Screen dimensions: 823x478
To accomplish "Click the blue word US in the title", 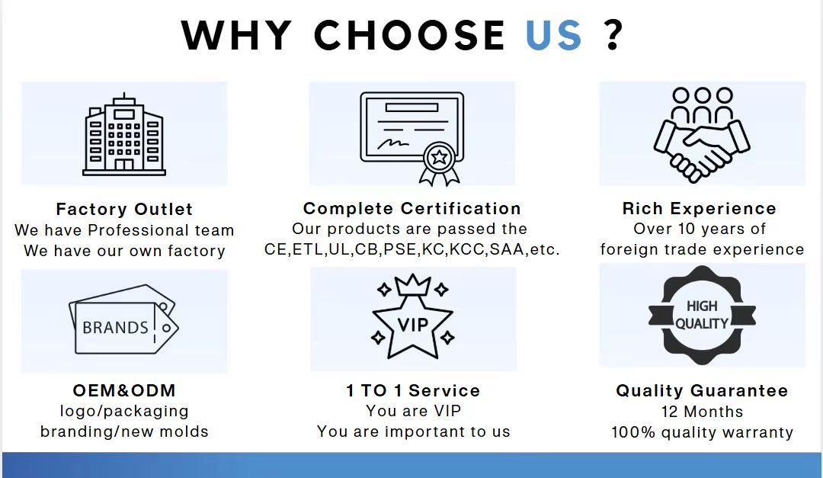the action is tap(554, 35).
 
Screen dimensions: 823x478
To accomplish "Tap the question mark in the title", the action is tap(613, 35).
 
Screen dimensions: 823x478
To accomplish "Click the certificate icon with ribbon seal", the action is tap(412, 139).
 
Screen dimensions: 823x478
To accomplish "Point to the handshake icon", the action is tap(702, 135).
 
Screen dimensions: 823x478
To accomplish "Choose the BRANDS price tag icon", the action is tap(124, 319).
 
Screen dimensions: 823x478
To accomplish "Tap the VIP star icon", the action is tap(412, 317).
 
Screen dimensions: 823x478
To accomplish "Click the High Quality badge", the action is tap(703, 315).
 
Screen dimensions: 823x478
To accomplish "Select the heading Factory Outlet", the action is tap(124, 209).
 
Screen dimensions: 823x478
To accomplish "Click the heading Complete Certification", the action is tap(412, 209).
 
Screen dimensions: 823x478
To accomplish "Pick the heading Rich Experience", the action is tap(699, 209).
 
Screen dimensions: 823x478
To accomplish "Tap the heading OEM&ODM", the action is tap(124, 391).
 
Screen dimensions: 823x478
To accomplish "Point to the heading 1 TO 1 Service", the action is tap(413, 391).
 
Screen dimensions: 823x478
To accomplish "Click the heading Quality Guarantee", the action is tap(702, 391).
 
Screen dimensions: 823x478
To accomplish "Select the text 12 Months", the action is tap(703, 412).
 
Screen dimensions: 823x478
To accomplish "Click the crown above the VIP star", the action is tap(412, 284).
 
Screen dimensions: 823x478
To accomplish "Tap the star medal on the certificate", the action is tap(440, 156).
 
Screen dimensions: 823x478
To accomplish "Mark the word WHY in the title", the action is tap(236, 35).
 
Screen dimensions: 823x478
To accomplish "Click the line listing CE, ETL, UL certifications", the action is tap(412, 249).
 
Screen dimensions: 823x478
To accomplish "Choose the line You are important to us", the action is tap(414, 431).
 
